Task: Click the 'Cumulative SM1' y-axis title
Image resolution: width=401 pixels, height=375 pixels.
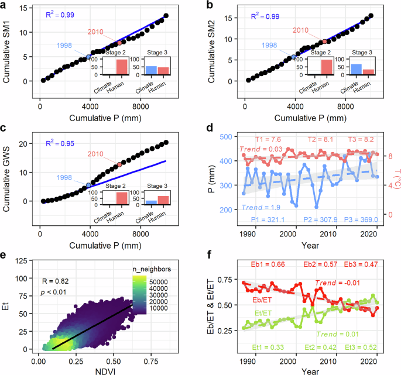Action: pyautogui.click(x=7, y=45)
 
